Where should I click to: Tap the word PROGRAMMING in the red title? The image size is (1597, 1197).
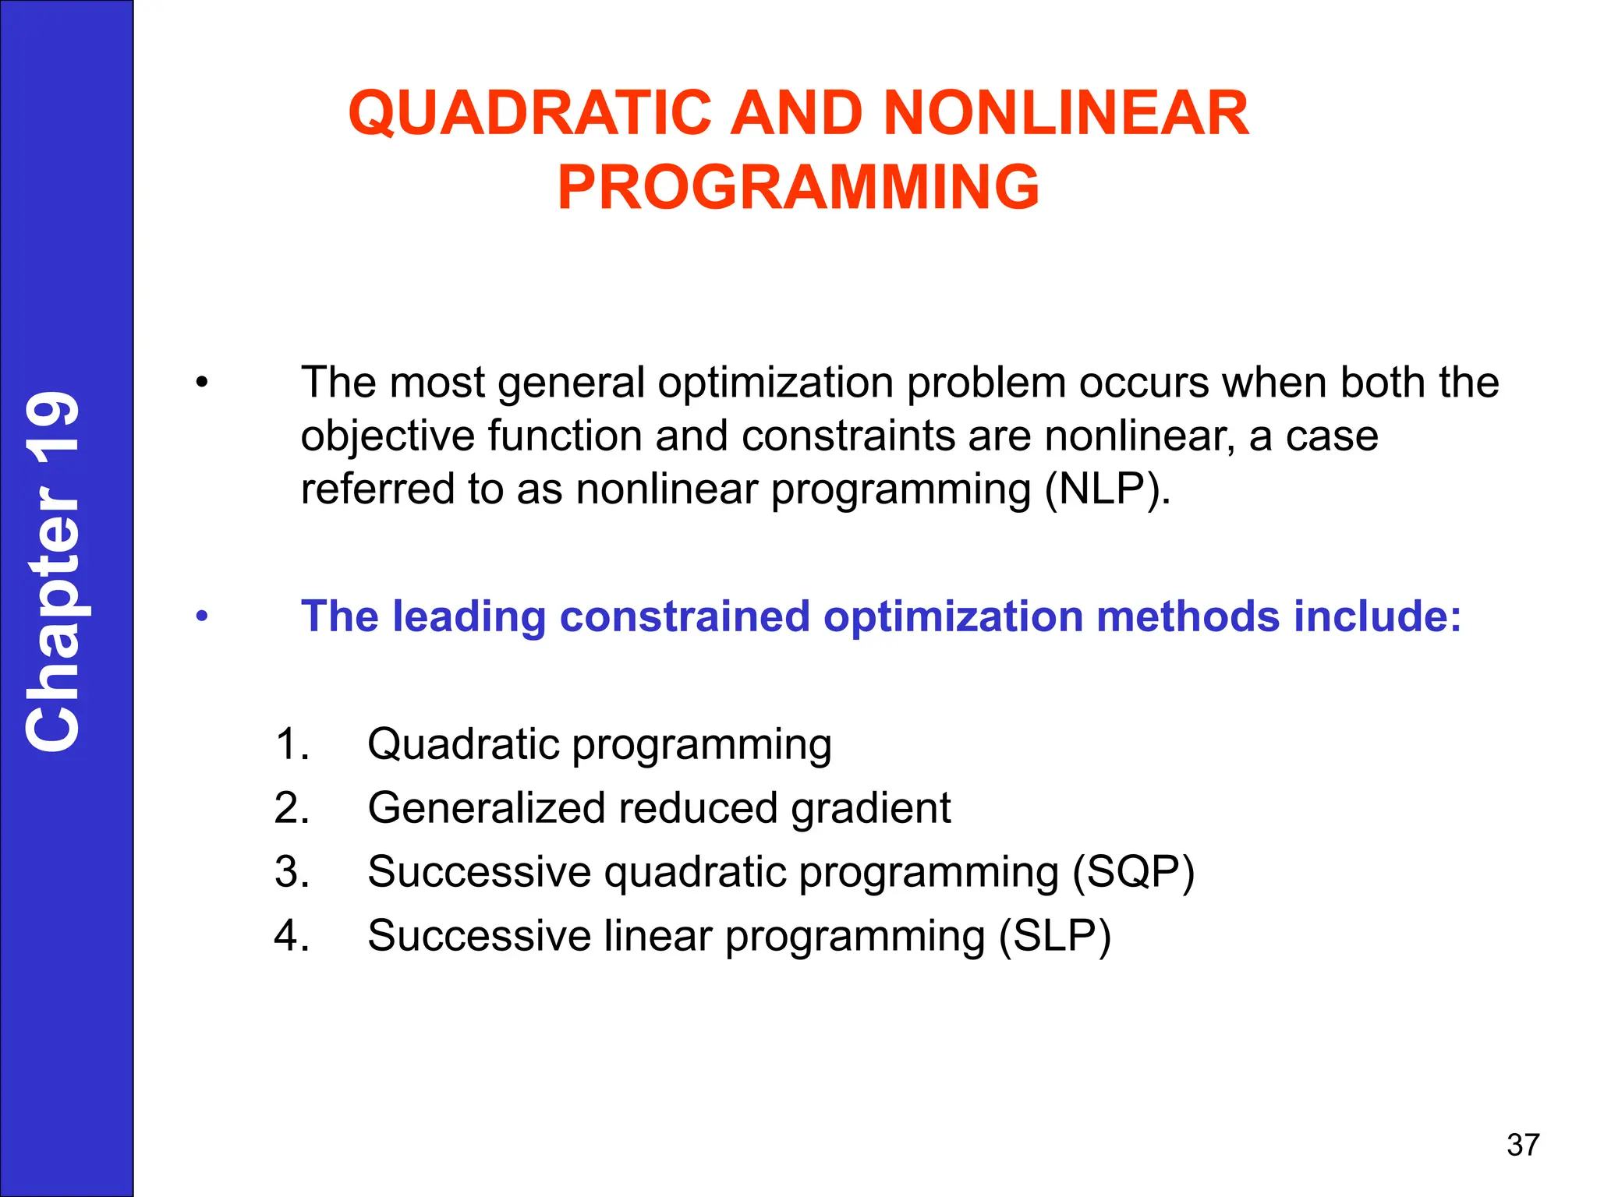click(798, 188)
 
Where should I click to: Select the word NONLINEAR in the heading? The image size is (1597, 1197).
click(1066, 114)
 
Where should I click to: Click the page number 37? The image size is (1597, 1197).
click(1523, 1145)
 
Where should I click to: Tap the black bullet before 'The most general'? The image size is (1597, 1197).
click(202, 383)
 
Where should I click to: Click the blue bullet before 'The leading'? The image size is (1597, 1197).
click(202, 617)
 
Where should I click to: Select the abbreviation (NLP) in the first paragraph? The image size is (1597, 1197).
click(1107, 490)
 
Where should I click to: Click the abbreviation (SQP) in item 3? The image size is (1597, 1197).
click(1133, 871)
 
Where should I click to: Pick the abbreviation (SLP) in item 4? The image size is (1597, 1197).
click(1055, 935)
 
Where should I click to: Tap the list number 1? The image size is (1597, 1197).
click(292, 743)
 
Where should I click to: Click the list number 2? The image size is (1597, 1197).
click(292, 807)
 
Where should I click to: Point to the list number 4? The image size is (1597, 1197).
click(292, 935)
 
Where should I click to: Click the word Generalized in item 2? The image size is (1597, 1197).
click(487, 807)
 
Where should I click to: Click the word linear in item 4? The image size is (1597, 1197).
click(658, 935)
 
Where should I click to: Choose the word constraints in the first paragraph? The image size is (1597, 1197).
click(848, 436)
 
